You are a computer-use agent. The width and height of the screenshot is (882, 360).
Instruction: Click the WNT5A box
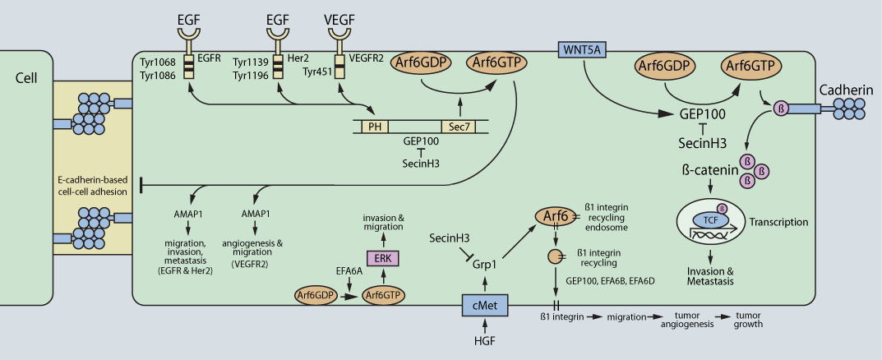pos(582,50)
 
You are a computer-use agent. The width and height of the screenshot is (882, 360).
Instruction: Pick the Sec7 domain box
pos(457,126)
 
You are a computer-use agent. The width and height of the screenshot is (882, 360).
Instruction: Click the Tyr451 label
pos(318,72)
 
